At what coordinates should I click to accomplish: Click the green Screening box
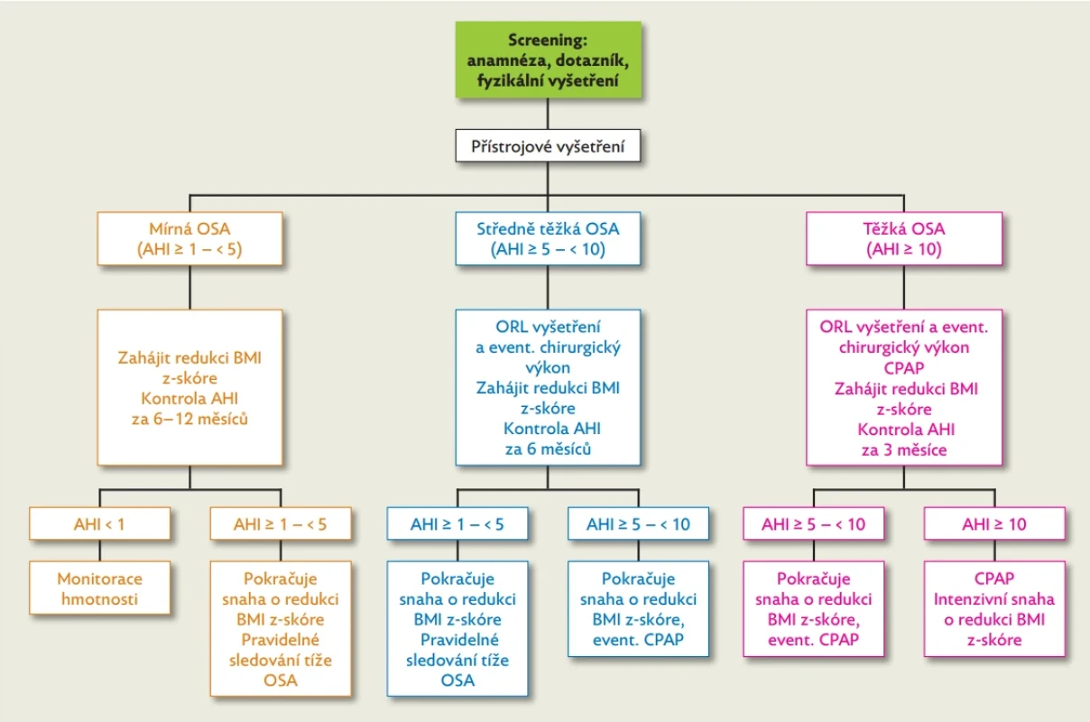point(548,60)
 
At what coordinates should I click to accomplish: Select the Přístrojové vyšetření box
point(548,145)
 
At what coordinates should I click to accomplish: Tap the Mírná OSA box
point(189,238)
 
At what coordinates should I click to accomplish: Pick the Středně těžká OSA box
point(548,238)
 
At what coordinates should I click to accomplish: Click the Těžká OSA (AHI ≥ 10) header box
point(904,238)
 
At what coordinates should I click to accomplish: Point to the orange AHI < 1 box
point(100,523)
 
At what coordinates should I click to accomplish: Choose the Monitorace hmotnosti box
point(100,588)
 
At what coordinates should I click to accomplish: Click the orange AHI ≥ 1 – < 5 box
point(281,523)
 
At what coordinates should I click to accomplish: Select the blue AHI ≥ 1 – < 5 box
point(457,523)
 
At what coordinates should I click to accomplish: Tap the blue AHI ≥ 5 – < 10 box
point(639,523)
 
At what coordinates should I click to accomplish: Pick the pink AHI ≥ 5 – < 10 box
point(814,523)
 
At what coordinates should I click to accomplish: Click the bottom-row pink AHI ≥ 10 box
point(994,523)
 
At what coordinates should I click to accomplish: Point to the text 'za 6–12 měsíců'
point(189,419)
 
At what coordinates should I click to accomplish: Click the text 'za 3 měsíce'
point(904,449)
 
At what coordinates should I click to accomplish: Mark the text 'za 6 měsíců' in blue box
point(548,449)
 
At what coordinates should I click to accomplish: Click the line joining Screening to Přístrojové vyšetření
point(548,114)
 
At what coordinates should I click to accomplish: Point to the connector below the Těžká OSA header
point(904,287)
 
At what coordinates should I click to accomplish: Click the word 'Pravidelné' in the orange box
point(281,639)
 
